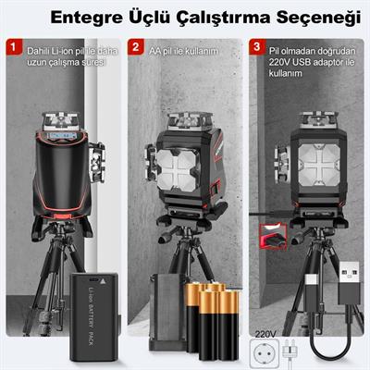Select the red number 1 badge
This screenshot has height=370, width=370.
pyautogui.click(x=12, y=44)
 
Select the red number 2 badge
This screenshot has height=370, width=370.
pyautogui.click(x=135, y=44)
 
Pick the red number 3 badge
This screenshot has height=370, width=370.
pyautogui.click(x=256, y=44)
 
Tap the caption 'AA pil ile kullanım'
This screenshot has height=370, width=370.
pyautogui.click(x=186, y=45)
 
